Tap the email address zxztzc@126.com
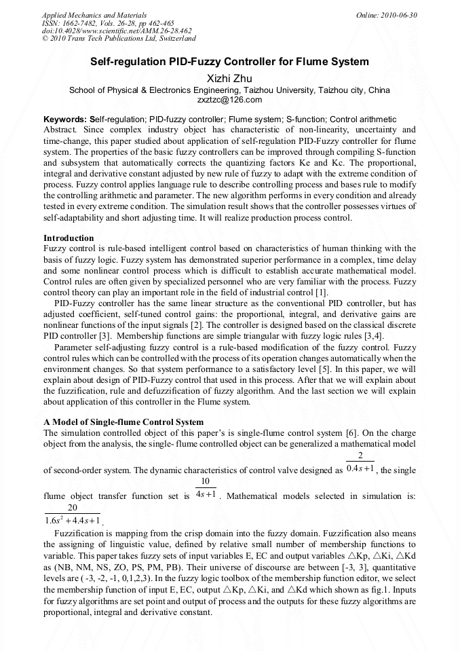[229, 100]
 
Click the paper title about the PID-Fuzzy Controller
[229, 62]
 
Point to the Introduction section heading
[69, 238]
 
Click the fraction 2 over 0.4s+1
[360, 462]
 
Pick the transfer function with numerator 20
[73, 515]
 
